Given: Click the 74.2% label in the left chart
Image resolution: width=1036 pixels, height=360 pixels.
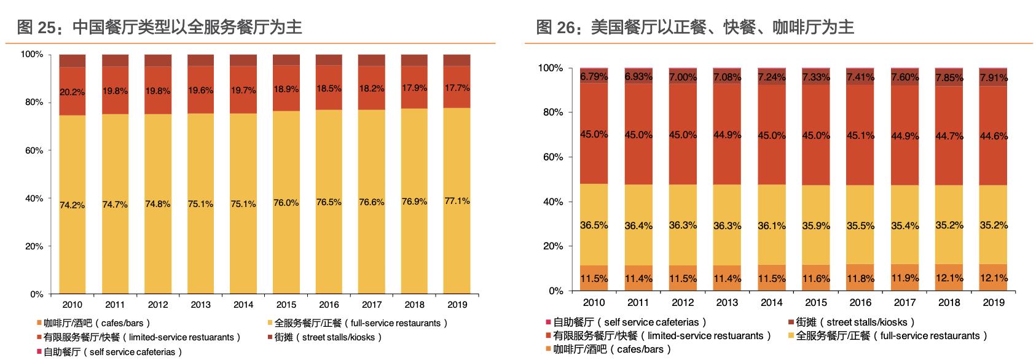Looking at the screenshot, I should [73, 205].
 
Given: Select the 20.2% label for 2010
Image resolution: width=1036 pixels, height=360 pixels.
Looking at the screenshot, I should [73, 92].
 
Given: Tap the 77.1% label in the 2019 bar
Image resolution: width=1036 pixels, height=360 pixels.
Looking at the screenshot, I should [457, 201].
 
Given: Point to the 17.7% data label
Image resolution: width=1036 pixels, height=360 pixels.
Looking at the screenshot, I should [457, 88].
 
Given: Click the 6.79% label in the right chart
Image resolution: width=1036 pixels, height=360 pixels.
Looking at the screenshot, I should [594, 77].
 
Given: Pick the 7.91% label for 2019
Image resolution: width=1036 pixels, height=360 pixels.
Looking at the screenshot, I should [994, 77].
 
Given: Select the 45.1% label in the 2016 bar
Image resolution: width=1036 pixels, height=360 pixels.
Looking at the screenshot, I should [860, 135].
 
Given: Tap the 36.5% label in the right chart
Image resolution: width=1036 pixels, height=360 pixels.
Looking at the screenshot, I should [594, 225].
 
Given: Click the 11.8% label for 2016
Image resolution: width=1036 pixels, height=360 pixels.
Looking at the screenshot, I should [860, 278].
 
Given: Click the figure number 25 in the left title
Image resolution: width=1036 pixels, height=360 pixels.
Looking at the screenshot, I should [47, 28].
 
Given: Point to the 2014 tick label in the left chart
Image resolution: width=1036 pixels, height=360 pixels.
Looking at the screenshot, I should [243, 304].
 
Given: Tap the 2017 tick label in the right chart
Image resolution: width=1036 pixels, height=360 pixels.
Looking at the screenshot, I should [905, 302].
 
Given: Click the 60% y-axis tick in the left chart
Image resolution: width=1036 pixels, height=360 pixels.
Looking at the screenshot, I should [32, 151].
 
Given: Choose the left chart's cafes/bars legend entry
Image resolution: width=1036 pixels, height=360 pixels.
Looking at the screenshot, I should [95, 323].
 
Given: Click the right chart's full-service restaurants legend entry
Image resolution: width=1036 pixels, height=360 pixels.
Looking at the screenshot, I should [891, 335].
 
